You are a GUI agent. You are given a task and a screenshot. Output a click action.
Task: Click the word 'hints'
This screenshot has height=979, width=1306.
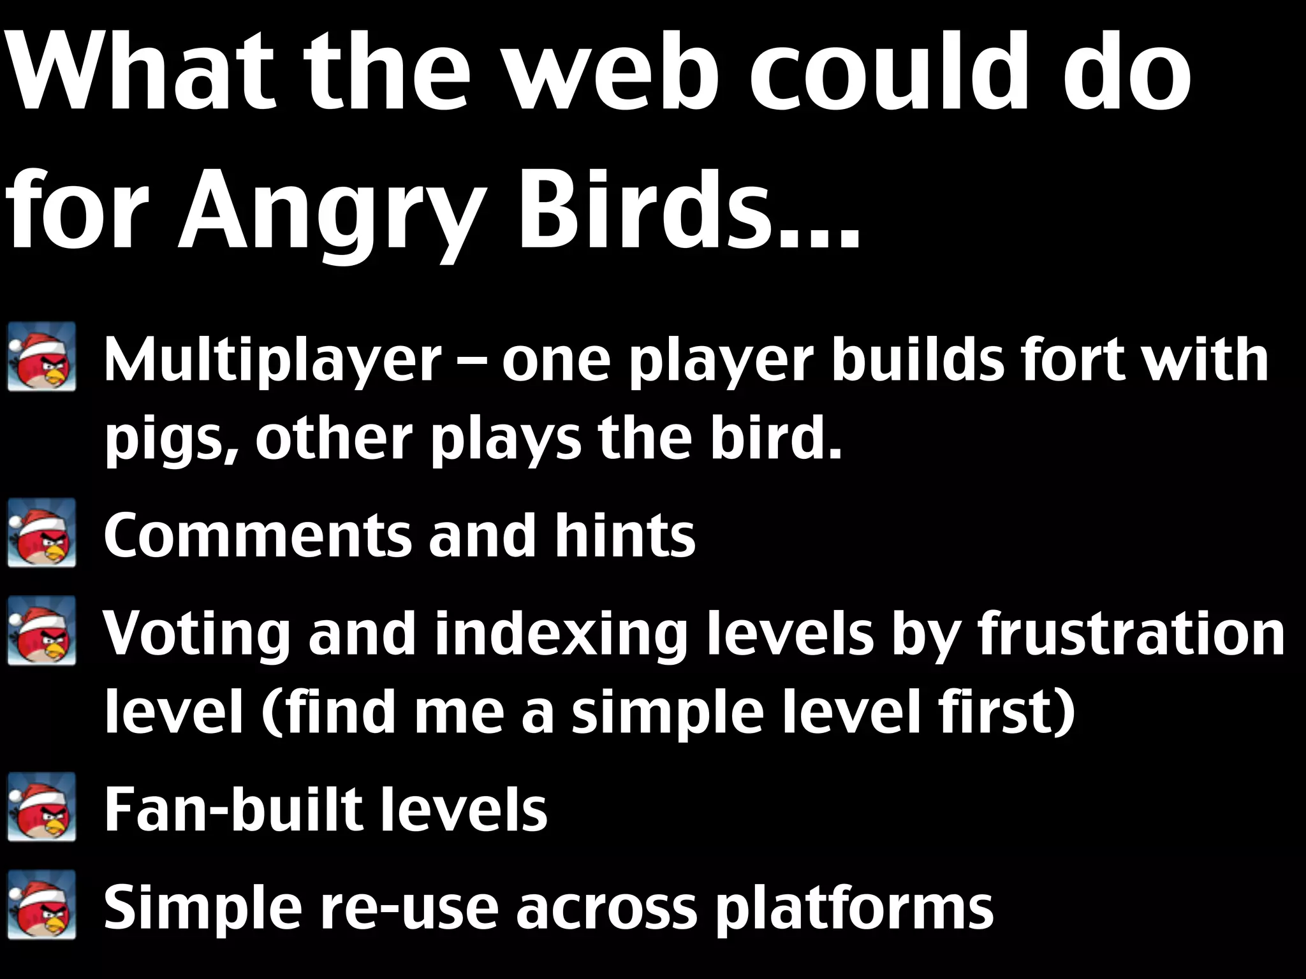[x=624, y=536]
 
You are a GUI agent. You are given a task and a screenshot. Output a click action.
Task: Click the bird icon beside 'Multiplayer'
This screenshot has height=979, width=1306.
[x=42, y=357]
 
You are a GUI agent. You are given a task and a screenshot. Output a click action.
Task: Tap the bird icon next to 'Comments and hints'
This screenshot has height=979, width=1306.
[x=42, y=533]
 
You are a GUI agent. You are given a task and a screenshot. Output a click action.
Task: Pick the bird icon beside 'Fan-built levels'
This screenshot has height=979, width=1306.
[x=42, y=807]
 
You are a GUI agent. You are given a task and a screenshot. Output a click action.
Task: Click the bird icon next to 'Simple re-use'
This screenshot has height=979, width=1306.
[x=42, y=904]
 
